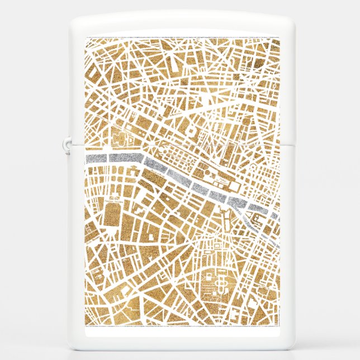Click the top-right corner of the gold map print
pyautogui.click(x=278, y=38)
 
